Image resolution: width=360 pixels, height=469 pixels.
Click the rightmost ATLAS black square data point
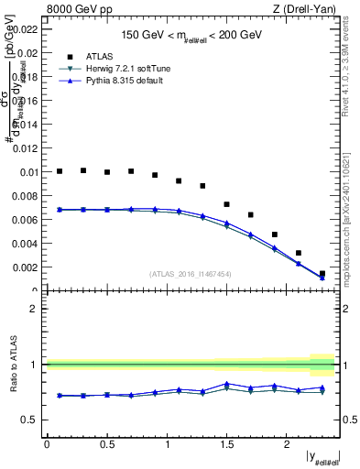coord(322,273)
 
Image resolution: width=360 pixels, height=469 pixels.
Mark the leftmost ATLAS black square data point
coord(60,171)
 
